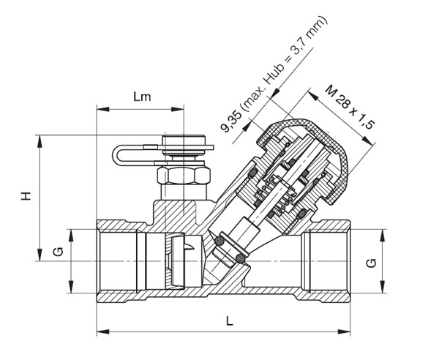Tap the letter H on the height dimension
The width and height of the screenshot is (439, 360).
pyautogui.click(x=26, y=196)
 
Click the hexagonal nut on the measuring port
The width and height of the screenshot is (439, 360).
pyautogui.click(x=183, y=175)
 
